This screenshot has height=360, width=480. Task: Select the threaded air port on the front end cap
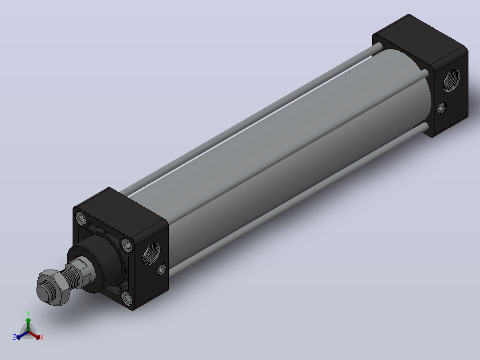point(151,253)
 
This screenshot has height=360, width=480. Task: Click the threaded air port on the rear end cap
point(452,80)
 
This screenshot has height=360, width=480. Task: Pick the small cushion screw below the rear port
point(441,108)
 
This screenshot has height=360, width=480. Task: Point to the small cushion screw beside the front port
point(161,270)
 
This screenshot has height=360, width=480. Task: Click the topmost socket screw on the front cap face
point(81,218)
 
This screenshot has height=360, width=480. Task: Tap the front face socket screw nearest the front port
point(127,245)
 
